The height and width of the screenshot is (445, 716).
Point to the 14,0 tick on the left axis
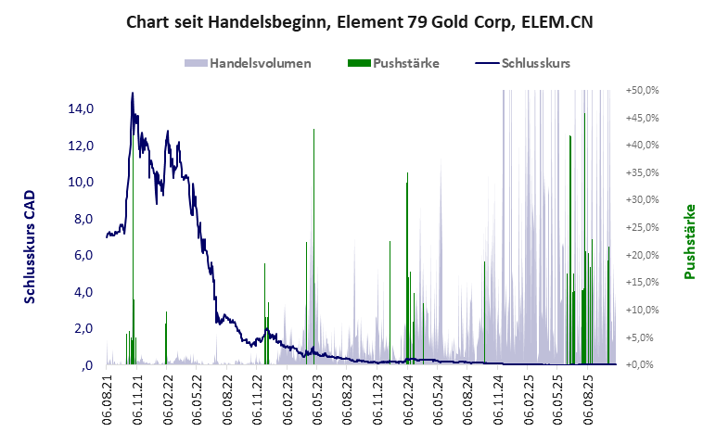(x=82, y=108)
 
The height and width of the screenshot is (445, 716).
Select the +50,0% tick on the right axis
(x=642, y=91)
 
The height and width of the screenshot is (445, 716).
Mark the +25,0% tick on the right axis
(x=642, y=228)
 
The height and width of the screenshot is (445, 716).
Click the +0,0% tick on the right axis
(x=644, y=364)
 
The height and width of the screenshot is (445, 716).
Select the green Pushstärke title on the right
(x=689, y=242)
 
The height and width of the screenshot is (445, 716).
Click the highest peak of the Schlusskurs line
(x=133, y=93)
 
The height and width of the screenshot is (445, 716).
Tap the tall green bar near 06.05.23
(x=313, y=185)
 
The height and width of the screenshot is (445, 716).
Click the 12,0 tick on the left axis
(x=82, y=146)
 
